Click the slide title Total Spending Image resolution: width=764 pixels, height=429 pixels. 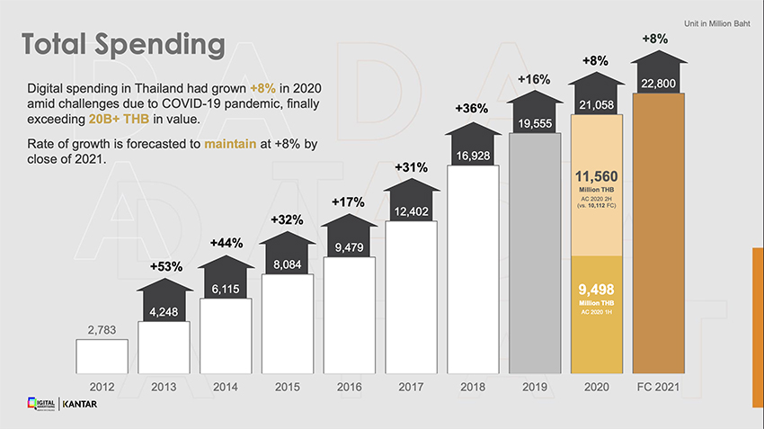(122, 44)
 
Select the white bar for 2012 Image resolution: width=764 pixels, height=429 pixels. (102, 355)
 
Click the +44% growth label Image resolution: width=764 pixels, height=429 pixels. (227, 243)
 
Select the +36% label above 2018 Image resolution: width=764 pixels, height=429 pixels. (472, 109)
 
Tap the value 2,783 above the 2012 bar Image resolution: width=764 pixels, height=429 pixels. (102, 331)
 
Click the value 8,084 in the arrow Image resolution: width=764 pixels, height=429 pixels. (288, 266)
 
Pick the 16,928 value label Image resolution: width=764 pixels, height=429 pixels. (473, 156)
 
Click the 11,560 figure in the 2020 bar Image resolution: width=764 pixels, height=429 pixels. (597, 177)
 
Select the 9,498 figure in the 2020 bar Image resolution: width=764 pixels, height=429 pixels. (597, 289)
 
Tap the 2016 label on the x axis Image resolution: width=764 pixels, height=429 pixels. (350, 386)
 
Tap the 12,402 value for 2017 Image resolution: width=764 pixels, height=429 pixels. (411, 211)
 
